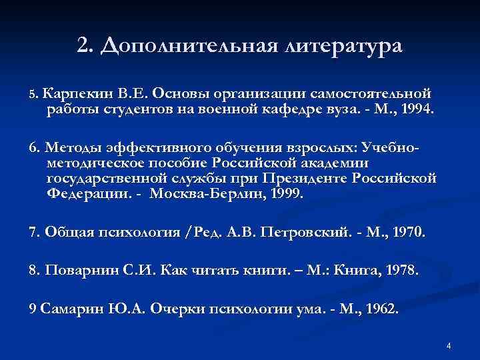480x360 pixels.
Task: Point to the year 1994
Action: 413,109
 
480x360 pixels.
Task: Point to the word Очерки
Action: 176,309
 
